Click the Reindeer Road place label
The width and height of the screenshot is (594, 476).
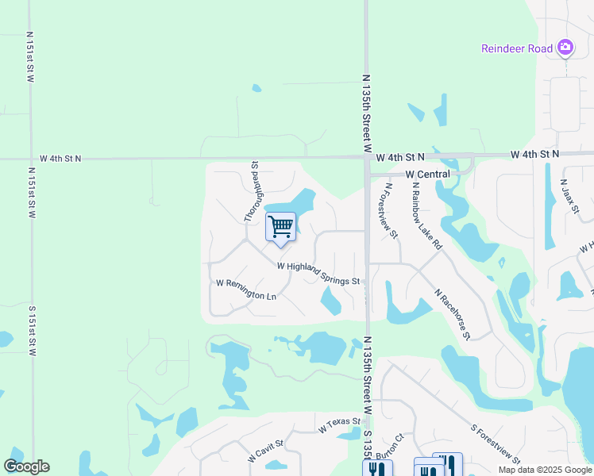[x=516, y=48]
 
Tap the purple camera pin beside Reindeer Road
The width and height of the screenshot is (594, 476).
[x=565, y=48]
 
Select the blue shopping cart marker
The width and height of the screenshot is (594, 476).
[x=280, y=227]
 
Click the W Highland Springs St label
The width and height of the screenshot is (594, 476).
[x=319, y=274]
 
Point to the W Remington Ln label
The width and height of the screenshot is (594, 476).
[x=246, y=289]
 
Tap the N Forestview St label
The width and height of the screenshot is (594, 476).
[x=391, y=211]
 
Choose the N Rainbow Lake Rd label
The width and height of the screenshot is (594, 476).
[x=426, y=216]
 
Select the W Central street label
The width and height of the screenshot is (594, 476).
[x=427, y=174]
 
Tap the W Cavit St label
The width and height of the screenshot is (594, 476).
[x=265, y=452]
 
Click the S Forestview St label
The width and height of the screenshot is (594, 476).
[x=495, y=443]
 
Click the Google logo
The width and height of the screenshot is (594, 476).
[x=26, y=466]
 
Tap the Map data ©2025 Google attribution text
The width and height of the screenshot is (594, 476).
[x=545, y=470]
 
